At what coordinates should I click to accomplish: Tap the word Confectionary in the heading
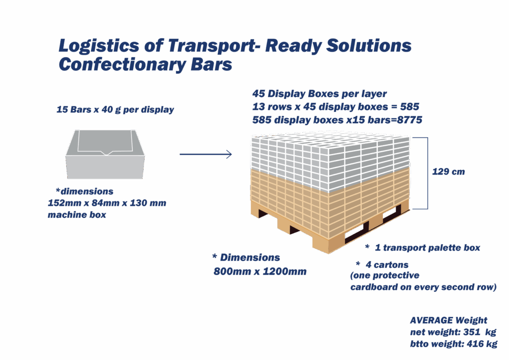pos(122,64)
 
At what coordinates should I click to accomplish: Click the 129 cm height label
pos(448,172)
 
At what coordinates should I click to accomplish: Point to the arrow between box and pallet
pos(206,154)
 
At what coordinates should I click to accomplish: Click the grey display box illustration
pos(105,154)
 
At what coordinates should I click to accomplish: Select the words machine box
pos(77,215)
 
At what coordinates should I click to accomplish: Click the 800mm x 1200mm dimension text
pos(260,271)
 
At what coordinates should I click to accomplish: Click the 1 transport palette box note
pos(427,248)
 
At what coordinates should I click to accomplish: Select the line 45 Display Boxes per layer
pos(320,93)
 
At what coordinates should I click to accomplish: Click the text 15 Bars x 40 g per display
pos(115,109)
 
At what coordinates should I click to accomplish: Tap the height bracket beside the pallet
pos(427,173)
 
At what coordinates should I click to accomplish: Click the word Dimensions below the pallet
pos(250,258)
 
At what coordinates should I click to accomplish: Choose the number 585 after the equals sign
pos(410,106)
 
